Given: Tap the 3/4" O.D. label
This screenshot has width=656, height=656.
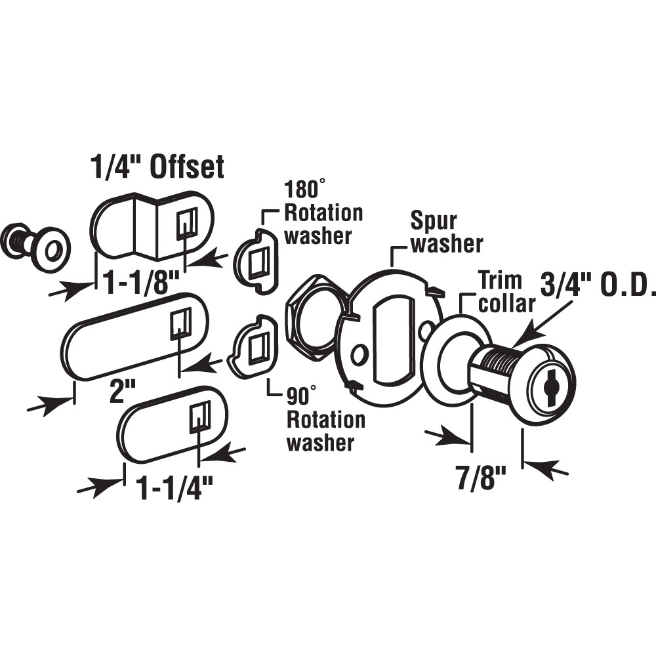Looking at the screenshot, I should (x=596, y=287).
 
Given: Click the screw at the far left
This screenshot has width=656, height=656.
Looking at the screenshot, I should (x=33, y=243).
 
